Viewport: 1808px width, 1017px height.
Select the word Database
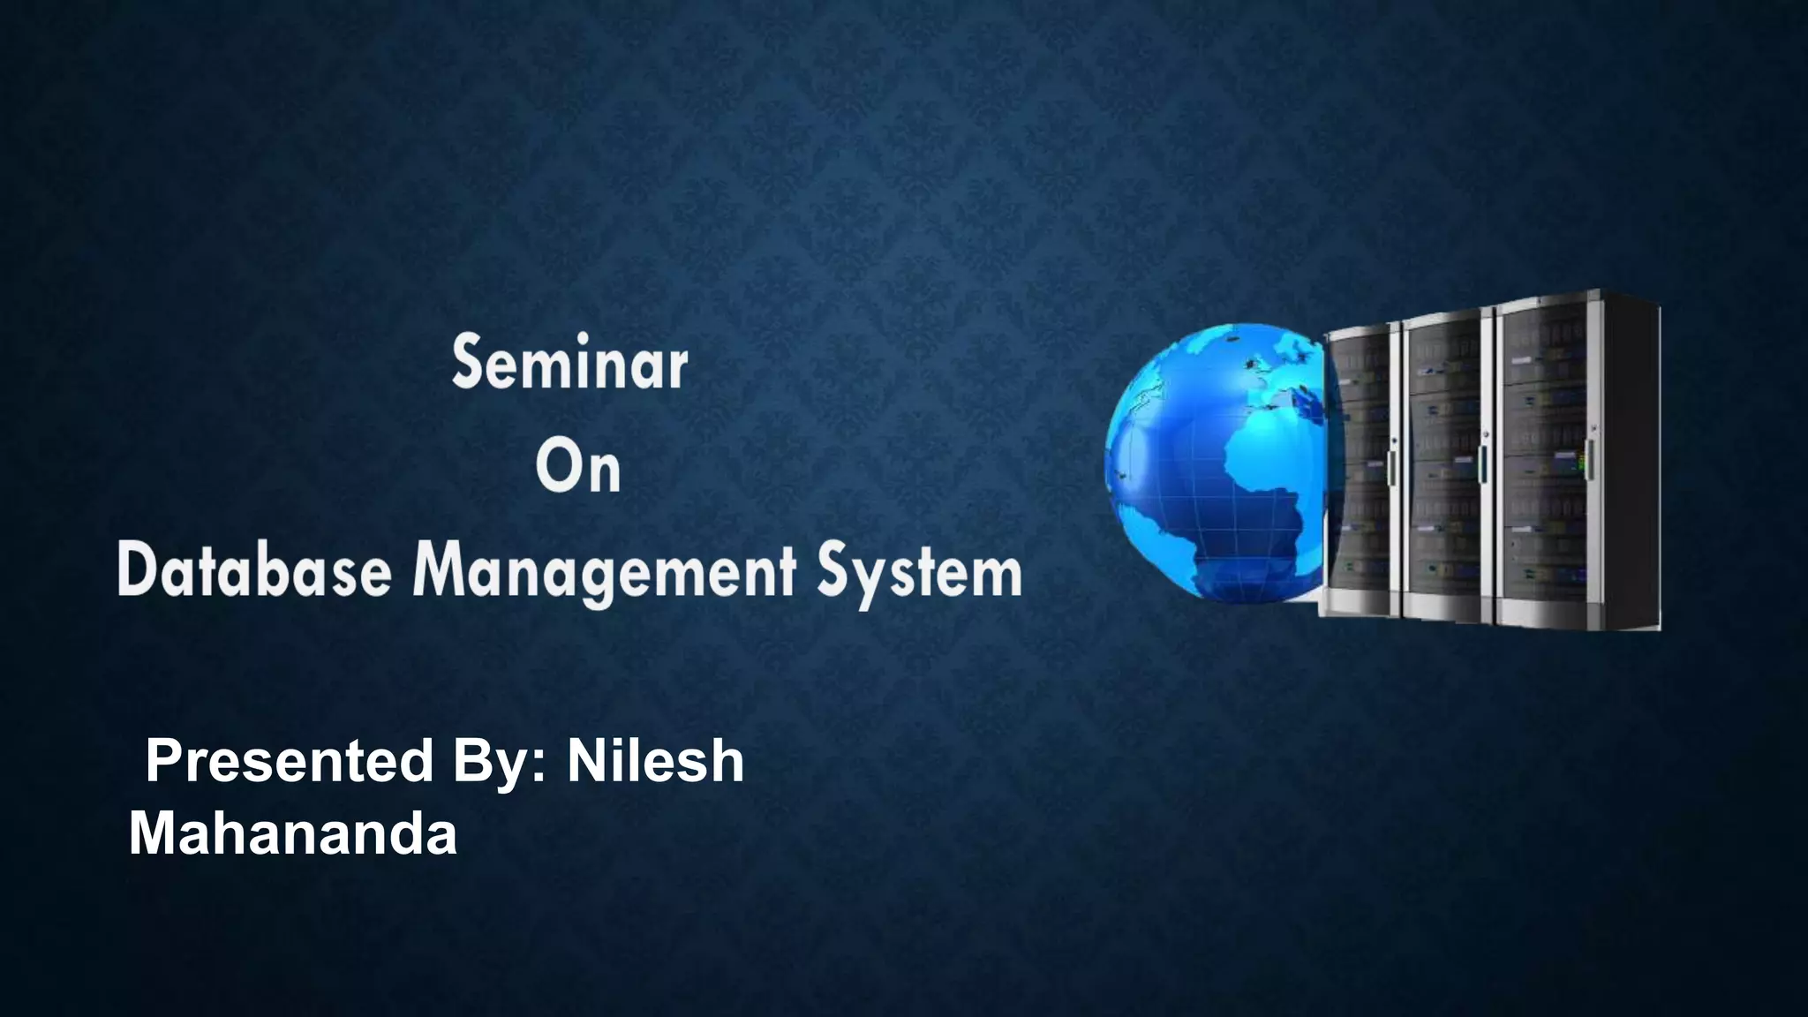coord(254,572)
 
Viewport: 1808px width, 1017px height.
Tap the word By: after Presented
coord(500,763)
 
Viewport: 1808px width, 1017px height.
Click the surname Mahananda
coord(293,832)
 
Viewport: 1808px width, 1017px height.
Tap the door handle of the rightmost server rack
coord(1590,459)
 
